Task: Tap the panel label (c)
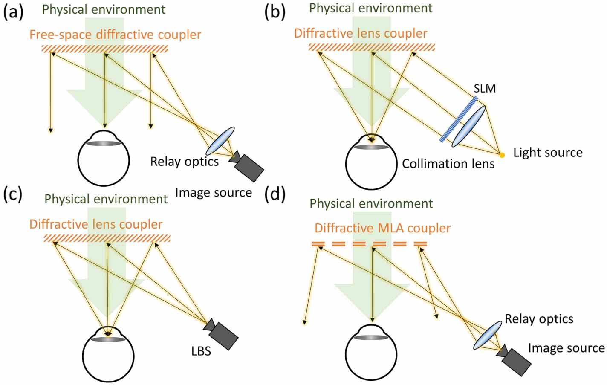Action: click(x=13, y=194)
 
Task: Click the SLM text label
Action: click(x=485, y=89)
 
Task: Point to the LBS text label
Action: click(x=201, y=352)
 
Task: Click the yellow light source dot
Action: click(x=502, y=155)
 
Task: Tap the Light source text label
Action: click(x=547, y=153)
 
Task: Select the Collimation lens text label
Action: click(x=448, y=164)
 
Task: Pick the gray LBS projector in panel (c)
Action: click(x=222, y=333)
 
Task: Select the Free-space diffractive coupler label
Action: click(x=115, y=34)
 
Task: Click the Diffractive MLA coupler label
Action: click(x=382, y=228)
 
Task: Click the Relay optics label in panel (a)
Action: click(x=184, y=162)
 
